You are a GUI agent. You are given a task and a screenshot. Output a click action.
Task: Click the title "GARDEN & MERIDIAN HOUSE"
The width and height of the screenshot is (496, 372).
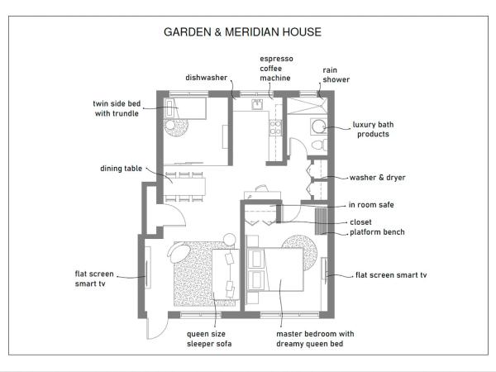click(x=241, y=32)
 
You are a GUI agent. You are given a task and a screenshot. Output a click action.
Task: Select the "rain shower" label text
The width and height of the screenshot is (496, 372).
click(x=336, y=75)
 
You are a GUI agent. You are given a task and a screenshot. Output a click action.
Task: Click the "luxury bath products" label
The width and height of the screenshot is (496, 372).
click(x=373, y=129)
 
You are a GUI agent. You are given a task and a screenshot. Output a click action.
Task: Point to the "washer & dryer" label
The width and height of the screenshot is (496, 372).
click(x=377, y=178)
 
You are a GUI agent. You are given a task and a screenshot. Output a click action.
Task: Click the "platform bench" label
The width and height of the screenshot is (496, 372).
click(x=377, y=232)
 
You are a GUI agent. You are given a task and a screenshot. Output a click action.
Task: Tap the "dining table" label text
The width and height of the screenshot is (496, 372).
click(x=122, y=168)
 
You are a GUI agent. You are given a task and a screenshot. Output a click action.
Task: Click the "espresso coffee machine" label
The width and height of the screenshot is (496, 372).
click(x=276, y=69)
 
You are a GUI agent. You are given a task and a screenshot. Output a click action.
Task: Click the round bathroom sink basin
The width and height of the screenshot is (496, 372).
click(x=317, y=126)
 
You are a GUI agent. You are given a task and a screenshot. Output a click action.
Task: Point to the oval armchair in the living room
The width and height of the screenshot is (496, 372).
click(x=179, y=249)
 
